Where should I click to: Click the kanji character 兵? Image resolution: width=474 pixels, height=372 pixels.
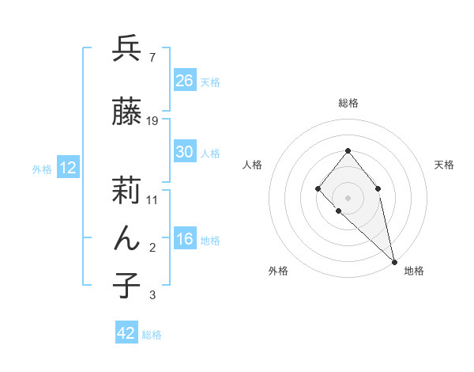(126, 50)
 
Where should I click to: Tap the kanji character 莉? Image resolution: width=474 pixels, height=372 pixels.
(126, 190)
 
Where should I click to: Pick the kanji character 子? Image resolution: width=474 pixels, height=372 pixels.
(126, 285)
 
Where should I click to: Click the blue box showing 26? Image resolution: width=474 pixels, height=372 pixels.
(185, 80)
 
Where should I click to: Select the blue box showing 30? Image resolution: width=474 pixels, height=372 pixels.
(185, 152)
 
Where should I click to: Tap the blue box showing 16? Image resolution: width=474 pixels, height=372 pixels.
(185, 240)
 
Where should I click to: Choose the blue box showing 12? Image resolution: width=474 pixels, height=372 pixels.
(67, 168)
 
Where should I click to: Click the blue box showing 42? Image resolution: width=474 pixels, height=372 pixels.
(126, 333)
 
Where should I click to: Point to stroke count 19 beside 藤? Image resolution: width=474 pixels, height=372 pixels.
(152, 120)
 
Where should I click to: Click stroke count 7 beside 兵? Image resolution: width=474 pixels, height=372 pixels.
(152, 58)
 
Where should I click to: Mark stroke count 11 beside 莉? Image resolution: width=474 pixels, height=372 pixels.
(152, 199)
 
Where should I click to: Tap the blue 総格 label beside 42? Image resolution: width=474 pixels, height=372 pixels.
(152, 335)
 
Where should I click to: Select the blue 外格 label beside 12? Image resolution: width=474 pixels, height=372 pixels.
(42, 169)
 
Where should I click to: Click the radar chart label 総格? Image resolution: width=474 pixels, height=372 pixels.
(348, 103)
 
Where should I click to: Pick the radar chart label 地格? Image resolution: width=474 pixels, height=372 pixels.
(414, 271)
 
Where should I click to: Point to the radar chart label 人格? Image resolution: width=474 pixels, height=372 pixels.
(253, 165)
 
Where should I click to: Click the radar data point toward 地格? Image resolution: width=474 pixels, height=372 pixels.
(393, 260)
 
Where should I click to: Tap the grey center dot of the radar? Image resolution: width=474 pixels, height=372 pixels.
(348, 197)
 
